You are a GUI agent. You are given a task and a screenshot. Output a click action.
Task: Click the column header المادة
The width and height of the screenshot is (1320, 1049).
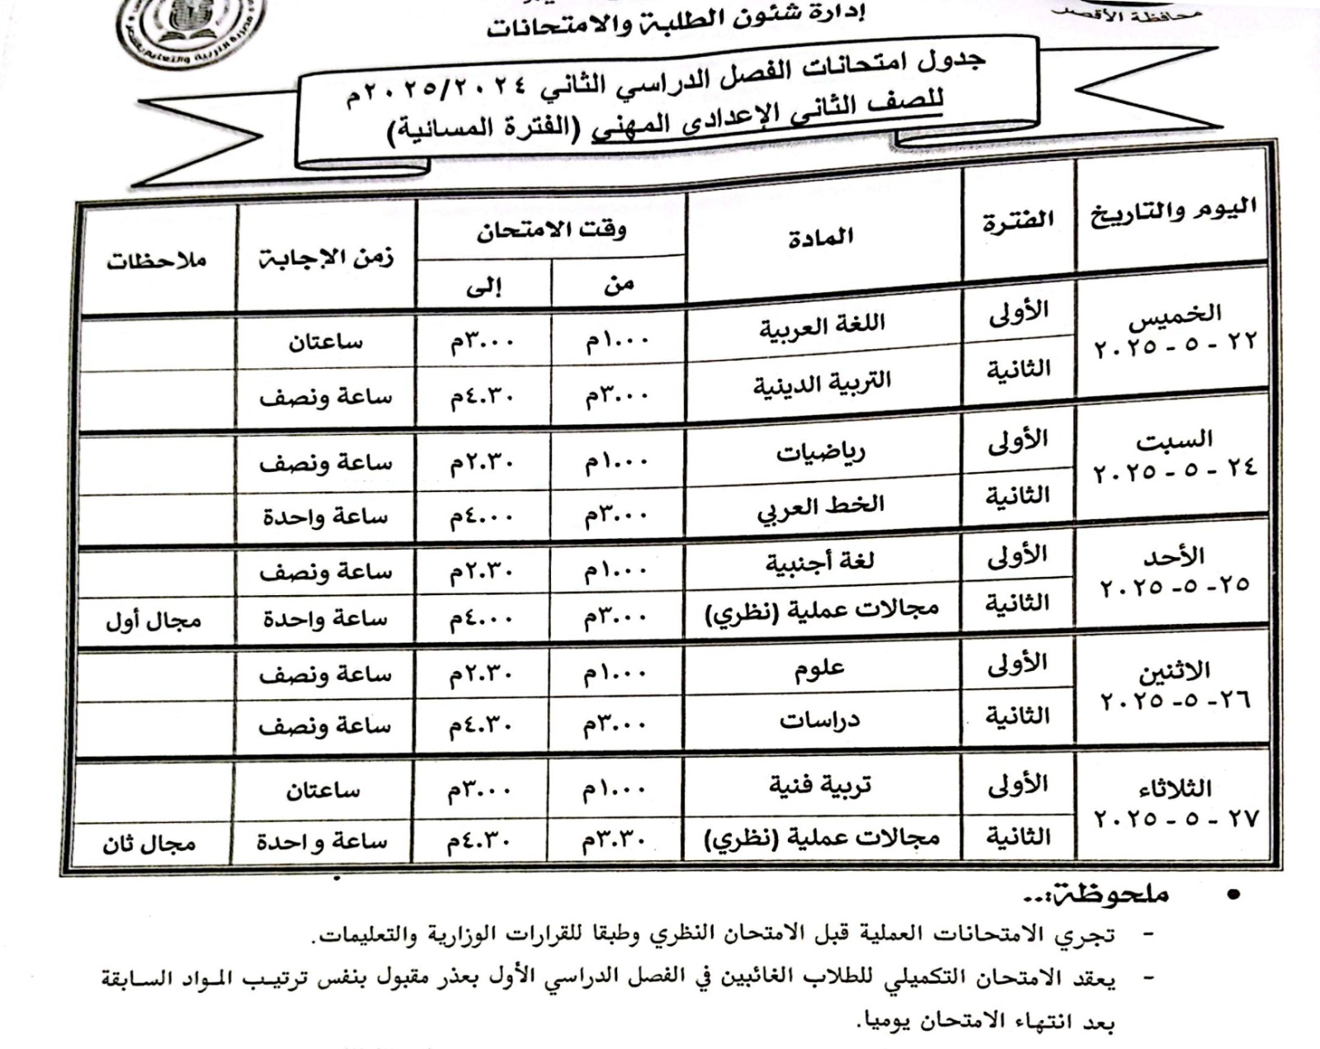point(820,238)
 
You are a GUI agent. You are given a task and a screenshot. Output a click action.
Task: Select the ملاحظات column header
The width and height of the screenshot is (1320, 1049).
point(156,262)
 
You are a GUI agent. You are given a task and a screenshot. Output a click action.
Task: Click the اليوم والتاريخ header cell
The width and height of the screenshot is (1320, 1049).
point(1173,211)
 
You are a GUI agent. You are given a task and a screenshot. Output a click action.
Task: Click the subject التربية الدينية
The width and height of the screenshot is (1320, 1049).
point(822,384)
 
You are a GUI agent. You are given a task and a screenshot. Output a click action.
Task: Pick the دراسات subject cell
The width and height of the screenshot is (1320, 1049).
point(819,721)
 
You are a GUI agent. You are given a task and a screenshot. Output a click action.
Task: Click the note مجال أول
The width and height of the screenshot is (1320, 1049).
point(153,621)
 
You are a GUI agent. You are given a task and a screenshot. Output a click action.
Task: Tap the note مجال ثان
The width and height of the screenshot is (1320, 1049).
point(149,843)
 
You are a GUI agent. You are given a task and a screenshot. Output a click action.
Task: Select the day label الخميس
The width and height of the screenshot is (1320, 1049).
point(1176,314)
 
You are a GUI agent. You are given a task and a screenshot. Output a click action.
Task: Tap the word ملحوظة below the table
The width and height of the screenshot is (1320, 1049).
point(1110,895)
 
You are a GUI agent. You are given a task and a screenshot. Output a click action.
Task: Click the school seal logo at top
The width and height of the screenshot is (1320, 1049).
point(191,33)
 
